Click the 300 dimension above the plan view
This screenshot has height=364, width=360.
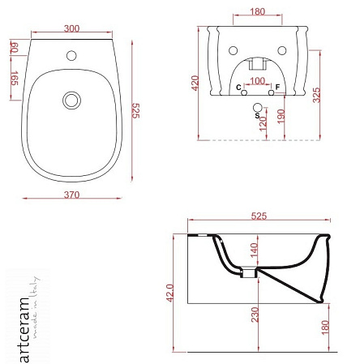click(71, 28)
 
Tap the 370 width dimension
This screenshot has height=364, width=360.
click(71, 195)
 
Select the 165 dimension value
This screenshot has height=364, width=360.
click(15, 78)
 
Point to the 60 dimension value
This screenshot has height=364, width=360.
click(15, 47)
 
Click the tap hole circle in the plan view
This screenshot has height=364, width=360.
click(71, 55)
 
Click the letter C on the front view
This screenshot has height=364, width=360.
click(238, 88)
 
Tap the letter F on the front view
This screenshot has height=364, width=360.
click(277, 87)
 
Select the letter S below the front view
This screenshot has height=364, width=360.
click(257, 116)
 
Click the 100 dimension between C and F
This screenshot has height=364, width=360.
click(257, 81)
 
